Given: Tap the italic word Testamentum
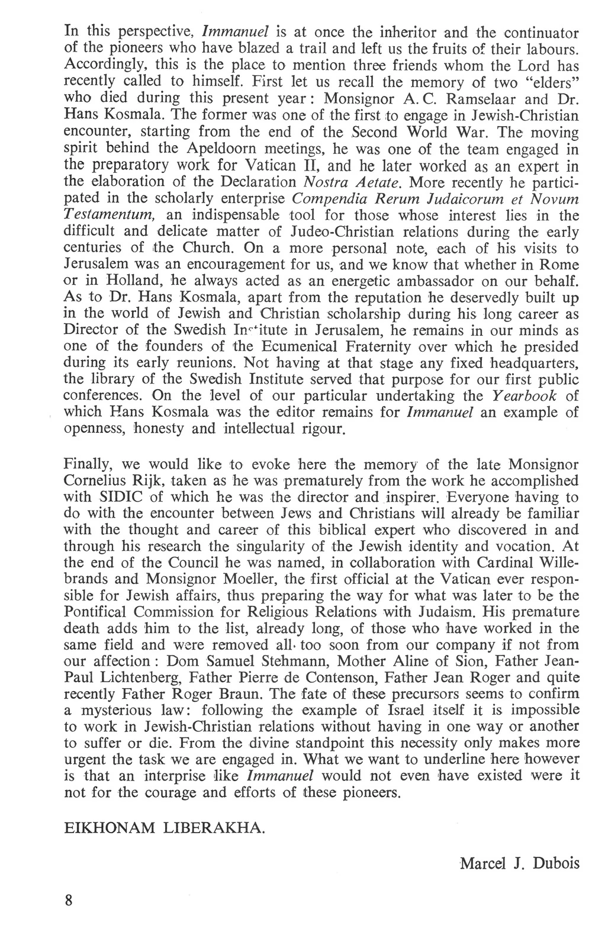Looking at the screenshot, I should pos(110,214).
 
